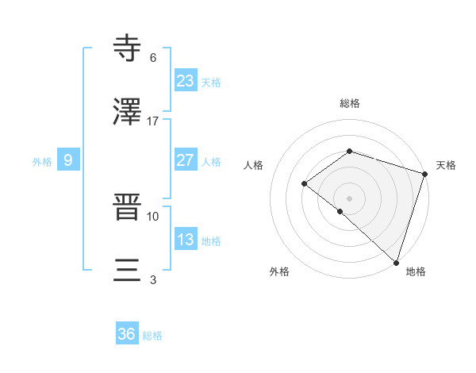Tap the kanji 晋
129,209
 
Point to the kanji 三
129,272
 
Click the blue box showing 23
185,80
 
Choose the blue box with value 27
185,160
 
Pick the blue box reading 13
185,240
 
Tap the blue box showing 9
68,160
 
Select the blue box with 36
127,334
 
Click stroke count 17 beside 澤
153,121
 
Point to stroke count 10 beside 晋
153,216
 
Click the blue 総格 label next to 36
153,336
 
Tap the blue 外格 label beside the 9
42,162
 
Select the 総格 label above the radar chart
349,103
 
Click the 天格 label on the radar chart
446,165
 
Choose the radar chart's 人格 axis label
254,165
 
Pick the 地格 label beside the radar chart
416,271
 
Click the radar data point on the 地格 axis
396,261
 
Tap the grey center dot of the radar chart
349,198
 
